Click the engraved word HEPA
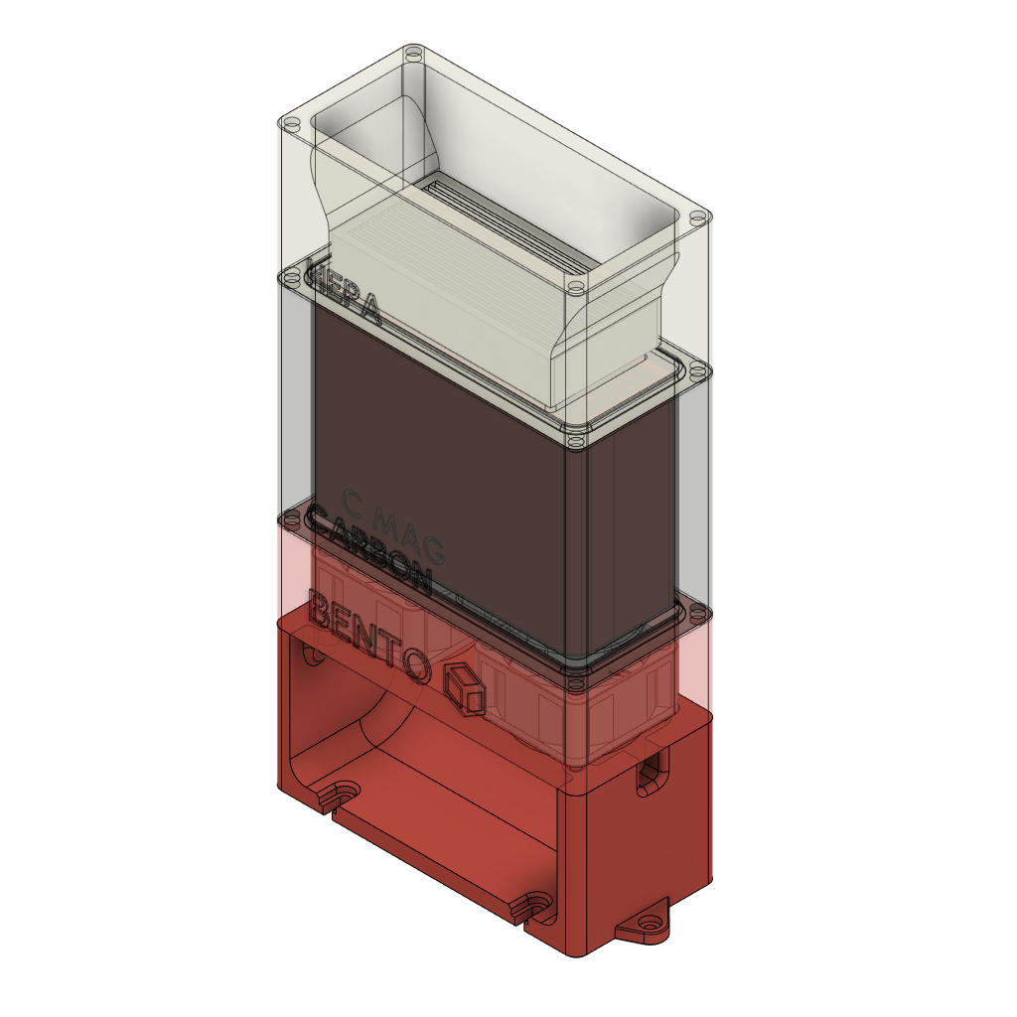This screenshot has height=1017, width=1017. [x=346, y=292]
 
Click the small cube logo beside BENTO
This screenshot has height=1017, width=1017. [x=464, y=688]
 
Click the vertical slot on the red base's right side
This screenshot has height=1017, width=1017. [x=651, y=772]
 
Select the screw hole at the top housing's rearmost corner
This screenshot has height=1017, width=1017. [x=416, y=52]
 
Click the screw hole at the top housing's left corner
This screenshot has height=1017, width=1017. [x=290, y=125]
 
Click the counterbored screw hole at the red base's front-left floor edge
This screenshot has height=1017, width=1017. [x=343, y=794]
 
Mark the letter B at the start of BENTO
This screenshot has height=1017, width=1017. [x=322, y=609]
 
